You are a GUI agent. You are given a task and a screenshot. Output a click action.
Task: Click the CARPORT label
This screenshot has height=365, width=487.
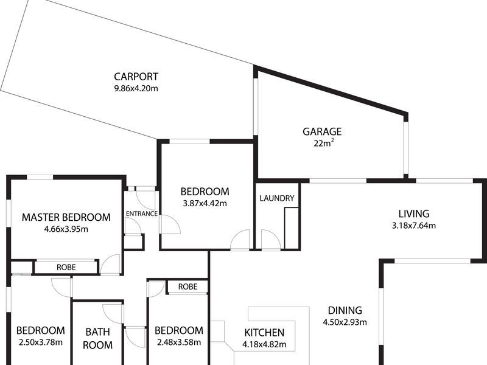point(136,77)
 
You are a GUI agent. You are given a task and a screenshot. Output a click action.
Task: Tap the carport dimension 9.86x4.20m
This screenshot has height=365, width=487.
point(136,88)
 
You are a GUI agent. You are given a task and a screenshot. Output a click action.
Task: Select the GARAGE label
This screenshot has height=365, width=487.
point(322,131)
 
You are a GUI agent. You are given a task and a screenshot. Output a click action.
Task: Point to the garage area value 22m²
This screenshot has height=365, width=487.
point(322,144)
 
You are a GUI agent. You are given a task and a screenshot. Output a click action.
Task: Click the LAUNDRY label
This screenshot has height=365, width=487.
point(277,198)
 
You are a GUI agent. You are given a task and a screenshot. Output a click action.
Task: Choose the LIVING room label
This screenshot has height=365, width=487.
point(414,214)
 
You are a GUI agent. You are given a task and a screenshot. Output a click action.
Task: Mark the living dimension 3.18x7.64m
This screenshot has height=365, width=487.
point(414,225)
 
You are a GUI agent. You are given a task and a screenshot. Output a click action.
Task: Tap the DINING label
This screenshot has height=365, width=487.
point(345,310)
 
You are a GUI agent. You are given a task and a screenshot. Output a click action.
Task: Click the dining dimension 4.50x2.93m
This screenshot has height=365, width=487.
point(345,322)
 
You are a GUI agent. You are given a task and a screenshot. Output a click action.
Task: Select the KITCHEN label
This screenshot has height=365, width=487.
point(264,333)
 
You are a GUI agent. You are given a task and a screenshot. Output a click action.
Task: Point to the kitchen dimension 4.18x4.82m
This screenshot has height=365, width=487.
point(264,345)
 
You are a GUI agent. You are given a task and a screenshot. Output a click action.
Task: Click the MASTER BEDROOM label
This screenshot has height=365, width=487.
point(66,217)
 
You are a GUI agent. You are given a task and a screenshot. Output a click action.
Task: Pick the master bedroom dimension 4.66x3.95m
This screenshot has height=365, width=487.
point(66,229)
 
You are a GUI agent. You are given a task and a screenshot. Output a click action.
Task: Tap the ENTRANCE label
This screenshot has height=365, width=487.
point(142,214)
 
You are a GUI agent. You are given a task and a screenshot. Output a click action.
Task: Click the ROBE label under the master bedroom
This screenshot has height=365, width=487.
point(66,267)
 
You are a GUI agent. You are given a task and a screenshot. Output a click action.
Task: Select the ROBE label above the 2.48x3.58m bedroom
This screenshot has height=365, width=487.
point(187,287)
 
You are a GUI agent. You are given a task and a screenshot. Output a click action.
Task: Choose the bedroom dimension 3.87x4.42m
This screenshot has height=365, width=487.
point(206,203)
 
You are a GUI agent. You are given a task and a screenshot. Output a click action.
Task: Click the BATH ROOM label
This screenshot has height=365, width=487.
point(98,339)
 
